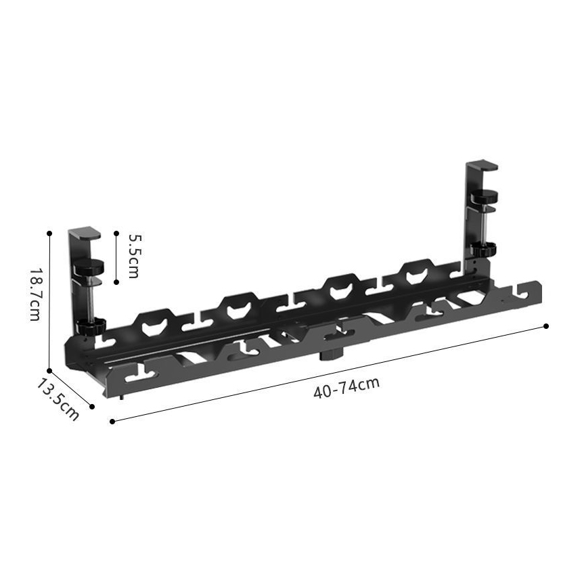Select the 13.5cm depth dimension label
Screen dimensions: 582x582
(x=58, y=399)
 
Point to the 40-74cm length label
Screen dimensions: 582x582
(x=346, y=388)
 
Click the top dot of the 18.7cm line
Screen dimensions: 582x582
(x=49, y=233)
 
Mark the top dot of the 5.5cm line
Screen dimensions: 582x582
(x=116, y=233)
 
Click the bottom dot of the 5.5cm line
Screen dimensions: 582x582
(x=116, y=282)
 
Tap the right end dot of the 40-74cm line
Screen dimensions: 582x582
(x=546, y=326)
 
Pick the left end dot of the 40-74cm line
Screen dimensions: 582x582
(x=112, y=422)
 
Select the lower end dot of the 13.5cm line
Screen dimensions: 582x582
(x=92, y=407)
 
